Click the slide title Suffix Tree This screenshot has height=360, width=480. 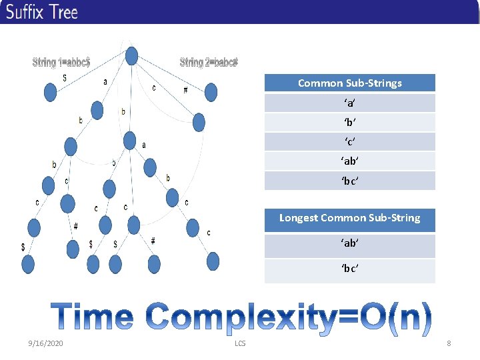click(42, 12)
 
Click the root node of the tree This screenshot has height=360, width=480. click(132, 56)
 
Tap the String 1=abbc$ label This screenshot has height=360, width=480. click(61, 63)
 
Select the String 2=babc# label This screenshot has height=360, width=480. click(209, 63)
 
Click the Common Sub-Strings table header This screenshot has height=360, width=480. click(349, 83)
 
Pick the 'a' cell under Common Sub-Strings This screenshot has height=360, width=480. click(349, 103)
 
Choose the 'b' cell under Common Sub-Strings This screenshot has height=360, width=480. click(349, 123)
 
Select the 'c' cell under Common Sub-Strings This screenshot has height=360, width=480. click(349, 142)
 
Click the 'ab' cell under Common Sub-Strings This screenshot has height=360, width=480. click(349, 161)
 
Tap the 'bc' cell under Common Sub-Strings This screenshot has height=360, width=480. click(349, 181)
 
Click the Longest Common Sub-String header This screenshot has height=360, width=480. click(349, 218)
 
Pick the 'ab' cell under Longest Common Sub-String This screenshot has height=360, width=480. click(349, 244)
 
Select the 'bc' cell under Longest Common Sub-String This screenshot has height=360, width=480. click(349, 269)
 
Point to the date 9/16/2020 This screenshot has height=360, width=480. click(45, 343)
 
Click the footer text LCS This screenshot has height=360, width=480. click(240, 343)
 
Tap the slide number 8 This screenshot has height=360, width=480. click(449, 343)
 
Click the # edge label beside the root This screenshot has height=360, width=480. click(185, 91)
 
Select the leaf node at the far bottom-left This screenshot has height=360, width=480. click(27, 265)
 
